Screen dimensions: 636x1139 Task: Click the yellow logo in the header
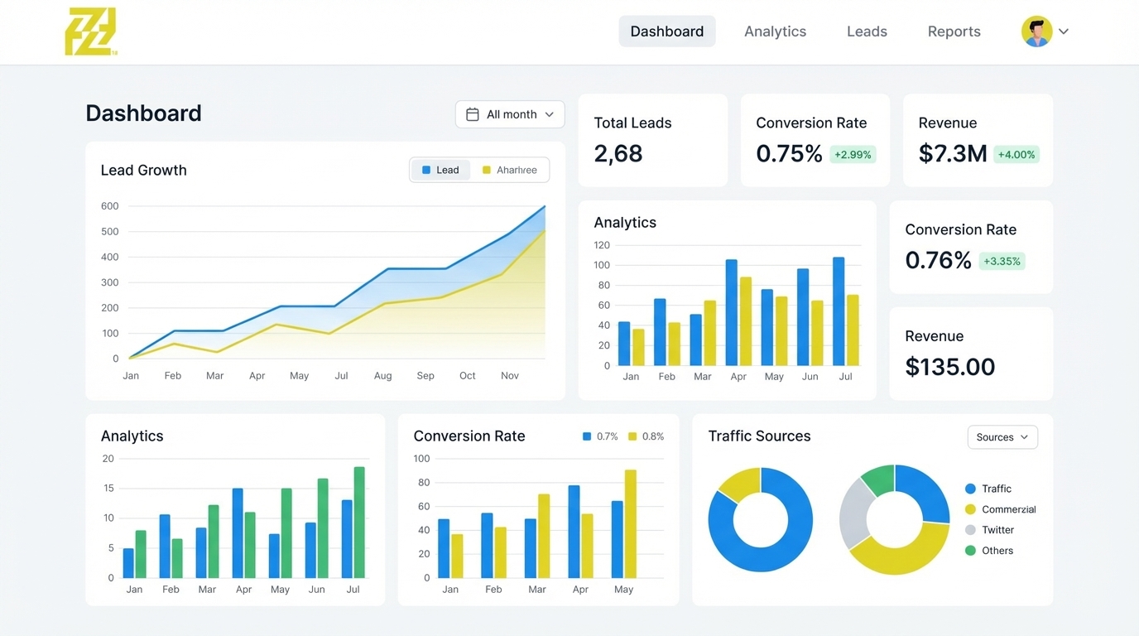click(x=90, y=32)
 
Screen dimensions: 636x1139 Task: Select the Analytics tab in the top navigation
click(x=775, y=31)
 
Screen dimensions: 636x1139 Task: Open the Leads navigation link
click(x=867, y=31)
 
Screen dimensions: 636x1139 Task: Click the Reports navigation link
click(x=954, y=31)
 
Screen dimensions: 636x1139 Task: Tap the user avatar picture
click(x=1036, y=31)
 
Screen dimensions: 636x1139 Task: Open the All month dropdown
click(x=510, y=114)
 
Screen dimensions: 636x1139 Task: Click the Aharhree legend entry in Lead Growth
click(x=509, y=170)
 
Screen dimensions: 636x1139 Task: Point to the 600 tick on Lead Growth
click(x=110, y=206)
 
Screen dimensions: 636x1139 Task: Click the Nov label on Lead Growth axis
click(x=510, y=376)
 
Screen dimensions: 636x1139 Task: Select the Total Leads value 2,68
click(x=618, y=153)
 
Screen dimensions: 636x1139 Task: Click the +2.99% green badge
click(x=853, y=155)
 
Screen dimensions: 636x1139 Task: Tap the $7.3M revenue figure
click(x=952, y=153)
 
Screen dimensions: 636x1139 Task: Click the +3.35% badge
click(x=1002, y=262)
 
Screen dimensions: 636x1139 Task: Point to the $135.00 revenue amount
click(x=949, y=367)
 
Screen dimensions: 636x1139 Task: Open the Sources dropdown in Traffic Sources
click(x=1002, y=437)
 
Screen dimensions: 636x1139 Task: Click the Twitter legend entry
click(x=997, y=530)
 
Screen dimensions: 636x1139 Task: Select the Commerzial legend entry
click(x=1007, y=509)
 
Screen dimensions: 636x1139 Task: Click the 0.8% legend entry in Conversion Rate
click(x=646, y=436)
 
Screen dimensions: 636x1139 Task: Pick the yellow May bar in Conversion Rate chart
click(x=631, y=523)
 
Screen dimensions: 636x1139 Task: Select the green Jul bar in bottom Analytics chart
click(x=359, y=523)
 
